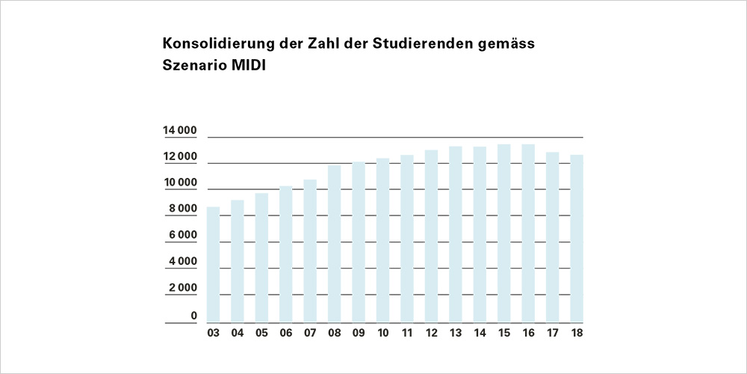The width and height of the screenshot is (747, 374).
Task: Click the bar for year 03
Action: coord(214,265)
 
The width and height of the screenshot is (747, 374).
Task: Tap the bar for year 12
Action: coord(431,236)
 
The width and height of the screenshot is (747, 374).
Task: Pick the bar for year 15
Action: coord(503,233)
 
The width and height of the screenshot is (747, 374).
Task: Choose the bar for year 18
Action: coord(577,239)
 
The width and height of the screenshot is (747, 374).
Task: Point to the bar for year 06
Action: coord(286,254)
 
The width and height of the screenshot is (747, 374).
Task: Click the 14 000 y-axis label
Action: coord(180,132)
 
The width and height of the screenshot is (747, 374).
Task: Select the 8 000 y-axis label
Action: coord(183,209)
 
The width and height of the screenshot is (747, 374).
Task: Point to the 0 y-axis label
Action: coord(193,316)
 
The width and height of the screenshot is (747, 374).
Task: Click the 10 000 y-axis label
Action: coord(180,183)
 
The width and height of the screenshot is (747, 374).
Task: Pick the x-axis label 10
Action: coord(383,334)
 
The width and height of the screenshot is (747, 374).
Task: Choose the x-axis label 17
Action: coord(553,334)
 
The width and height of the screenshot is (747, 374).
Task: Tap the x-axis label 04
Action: coord(238,334)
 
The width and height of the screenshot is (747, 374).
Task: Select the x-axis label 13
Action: coord(456,334)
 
